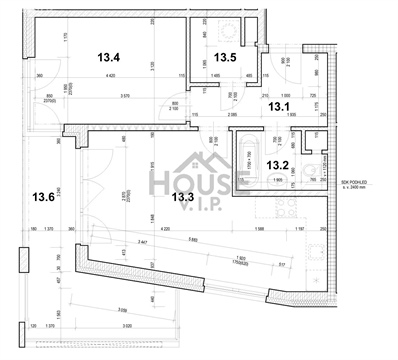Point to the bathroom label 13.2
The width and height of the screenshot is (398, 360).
(x=276, y=165)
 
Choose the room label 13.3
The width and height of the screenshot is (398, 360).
(x=182, y=196)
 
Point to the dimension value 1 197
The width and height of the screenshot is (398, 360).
(x=298, y=230)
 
